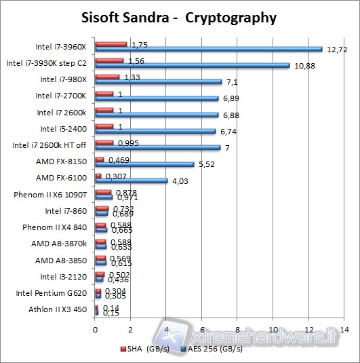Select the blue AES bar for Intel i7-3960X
point(208,49)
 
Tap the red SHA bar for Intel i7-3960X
point(111,44)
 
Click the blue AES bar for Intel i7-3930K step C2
point(192,66)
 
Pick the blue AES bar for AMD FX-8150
point(144,164)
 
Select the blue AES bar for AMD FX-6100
point(132,180)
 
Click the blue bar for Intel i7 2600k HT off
point(157,147)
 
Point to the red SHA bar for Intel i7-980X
point(107,77)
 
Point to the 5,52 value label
point(208,164)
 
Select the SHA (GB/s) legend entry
point(148,349)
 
